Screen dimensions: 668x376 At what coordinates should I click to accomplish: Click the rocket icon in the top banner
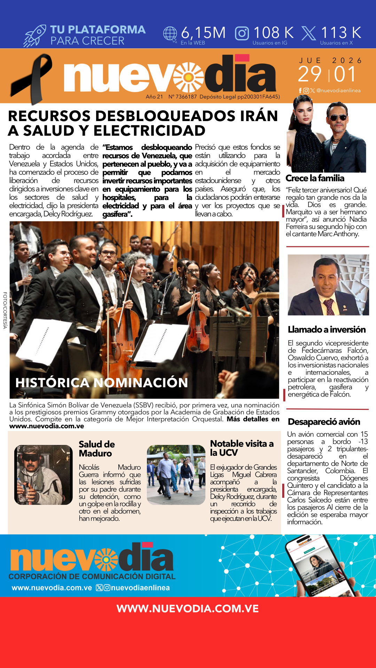click(35, 36)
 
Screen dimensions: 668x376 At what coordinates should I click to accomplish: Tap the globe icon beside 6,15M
click(170, 34)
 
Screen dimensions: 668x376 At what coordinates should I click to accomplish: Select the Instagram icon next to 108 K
click(242, 33)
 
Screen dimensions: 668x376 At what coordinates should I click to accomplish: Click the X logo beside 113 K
click(308, 33)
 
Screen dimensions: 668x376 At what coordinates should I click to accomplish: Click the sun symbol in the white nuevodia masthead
click(188, 77)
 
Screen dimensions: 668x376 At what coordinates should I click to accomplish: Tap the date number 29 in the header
click(310, 74)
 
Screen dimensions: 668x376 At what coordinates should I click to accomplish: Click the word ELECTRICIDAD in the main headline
click(149, 131)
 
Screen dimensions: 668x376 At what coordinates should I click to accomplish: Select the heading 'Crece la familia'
click(315, 178)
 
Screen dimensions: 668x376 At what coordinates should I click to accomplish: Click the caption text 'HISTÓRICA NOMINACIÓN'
click(102, 383)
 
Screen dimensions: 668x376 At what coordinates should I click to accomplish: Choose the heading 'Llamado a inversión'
click(327, 329)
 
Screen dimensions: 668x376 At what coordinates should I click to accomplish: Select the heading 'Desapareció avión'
click(324, 422)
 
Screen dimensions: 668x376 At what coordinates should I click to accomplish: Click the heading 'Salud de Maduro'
click(96, 449)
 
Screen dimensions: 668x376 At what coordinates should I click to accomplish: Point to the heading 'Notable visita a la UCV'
click(242, 448)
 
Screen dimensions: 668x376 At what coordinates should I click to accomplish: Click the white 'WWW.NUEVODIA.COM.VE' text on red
click(188, 609)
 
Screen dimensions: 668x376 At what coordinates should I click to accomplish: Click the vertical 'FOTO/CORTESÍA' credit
click(5, 310)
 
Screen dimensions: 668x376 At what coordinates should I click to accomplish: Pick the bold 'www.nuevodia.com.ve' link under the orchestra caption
click(47, 426)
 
